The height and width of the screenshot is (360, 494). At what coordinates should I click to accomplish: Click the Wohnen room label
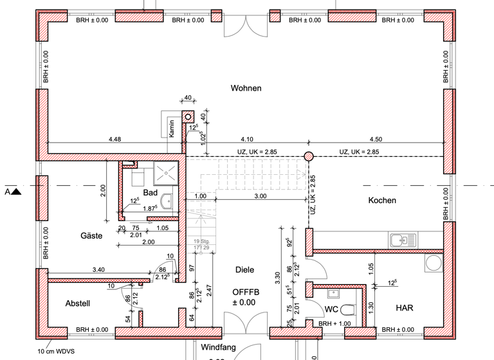[246, 88]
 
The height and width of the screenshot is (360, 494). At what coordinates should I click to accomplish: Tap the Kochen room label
[382, 201]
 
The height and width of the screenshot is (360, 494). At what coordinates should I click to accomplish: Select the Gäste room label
[91, 236]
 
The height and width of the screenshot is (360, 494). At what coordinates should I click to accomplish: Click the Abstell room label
[78, 303]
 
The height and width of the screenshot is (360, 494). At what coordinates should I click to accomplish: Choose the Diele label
[246, 270]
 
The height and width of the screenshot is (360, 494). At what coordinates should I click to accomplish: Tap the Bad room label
[151, 193]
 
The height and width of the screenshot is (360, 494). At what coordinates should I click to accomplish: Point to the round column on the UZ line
[309, 156]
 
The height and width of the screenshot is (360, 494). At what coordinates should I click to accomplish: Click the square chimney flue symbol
[188, 116]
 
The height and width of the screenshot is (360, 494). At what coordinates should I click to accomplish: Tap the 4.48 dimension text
[114, 139]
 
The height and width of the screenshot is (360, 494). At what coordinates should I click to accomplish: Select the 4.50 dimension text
[375, 139]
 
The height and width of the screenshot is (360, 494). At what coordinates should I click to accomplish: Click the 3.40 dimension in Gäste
[99, 270]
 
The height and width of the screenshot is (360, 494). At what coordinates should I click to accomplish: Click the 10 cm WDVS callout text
[54, 352]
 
